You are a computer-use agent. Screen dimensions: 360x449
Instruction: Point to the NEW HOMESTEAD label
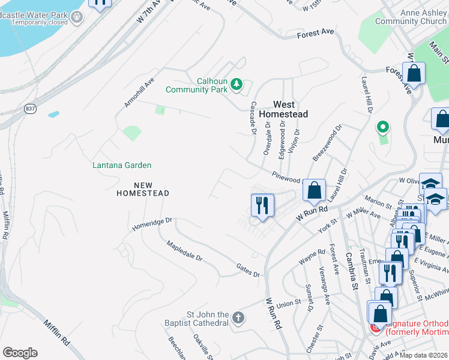(143, 189)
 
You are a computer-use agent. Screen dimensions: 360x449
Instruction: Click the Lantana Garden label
(122, 165)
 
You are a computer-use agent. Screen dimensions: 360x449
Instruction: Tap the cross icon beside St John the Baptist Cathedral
(238, 317)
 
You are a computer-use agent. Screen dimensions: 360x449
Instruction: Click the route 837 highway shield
(30, 109)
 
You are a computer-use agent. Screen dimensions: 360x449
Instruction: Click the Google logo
(20, 353)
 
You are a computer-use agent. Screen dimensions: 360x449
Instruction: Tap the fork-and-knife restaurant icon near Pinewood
(262, 205)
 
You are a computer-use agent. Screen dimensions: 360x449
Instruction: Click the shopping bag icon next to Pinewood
(314, 191)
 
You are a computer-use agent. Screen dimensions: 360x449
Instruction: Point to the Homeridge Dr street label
(152, 224)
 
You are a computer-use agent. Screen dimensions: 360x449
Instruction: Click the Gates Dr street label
(248, 271)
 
